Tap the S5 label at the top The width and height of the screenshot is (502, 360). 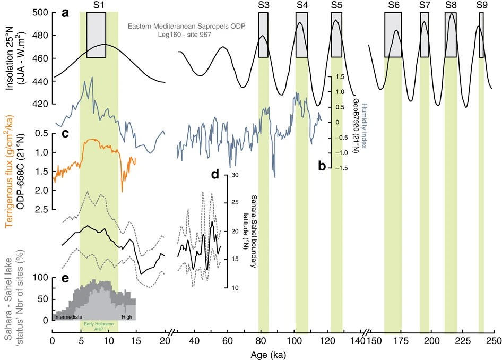[x=336, y=5]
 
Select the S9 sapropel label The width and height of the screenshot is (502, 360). [x=481, y=5]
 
